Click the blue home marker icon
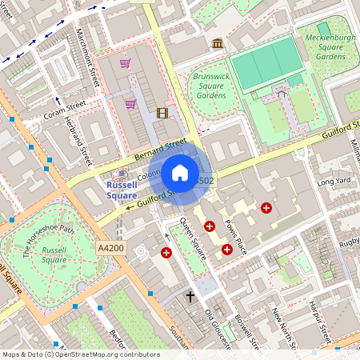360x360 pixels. coord(180,173)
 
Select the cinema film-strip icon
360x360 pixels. coord(162,113)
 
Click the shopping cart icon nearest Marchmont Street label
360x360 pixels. coord(125,62)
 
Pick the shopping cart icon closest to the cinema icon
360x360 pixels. coord(130,103)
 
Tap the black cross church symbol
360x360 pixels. coord(190,297)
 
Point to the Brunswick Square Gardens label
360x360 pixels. coord(210,86)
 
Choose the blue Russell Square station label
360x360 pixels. coord(122,190)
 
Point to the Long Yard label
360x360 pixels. coord(334,182)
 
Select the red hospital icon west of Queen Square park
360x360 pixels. coord(166,253)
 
